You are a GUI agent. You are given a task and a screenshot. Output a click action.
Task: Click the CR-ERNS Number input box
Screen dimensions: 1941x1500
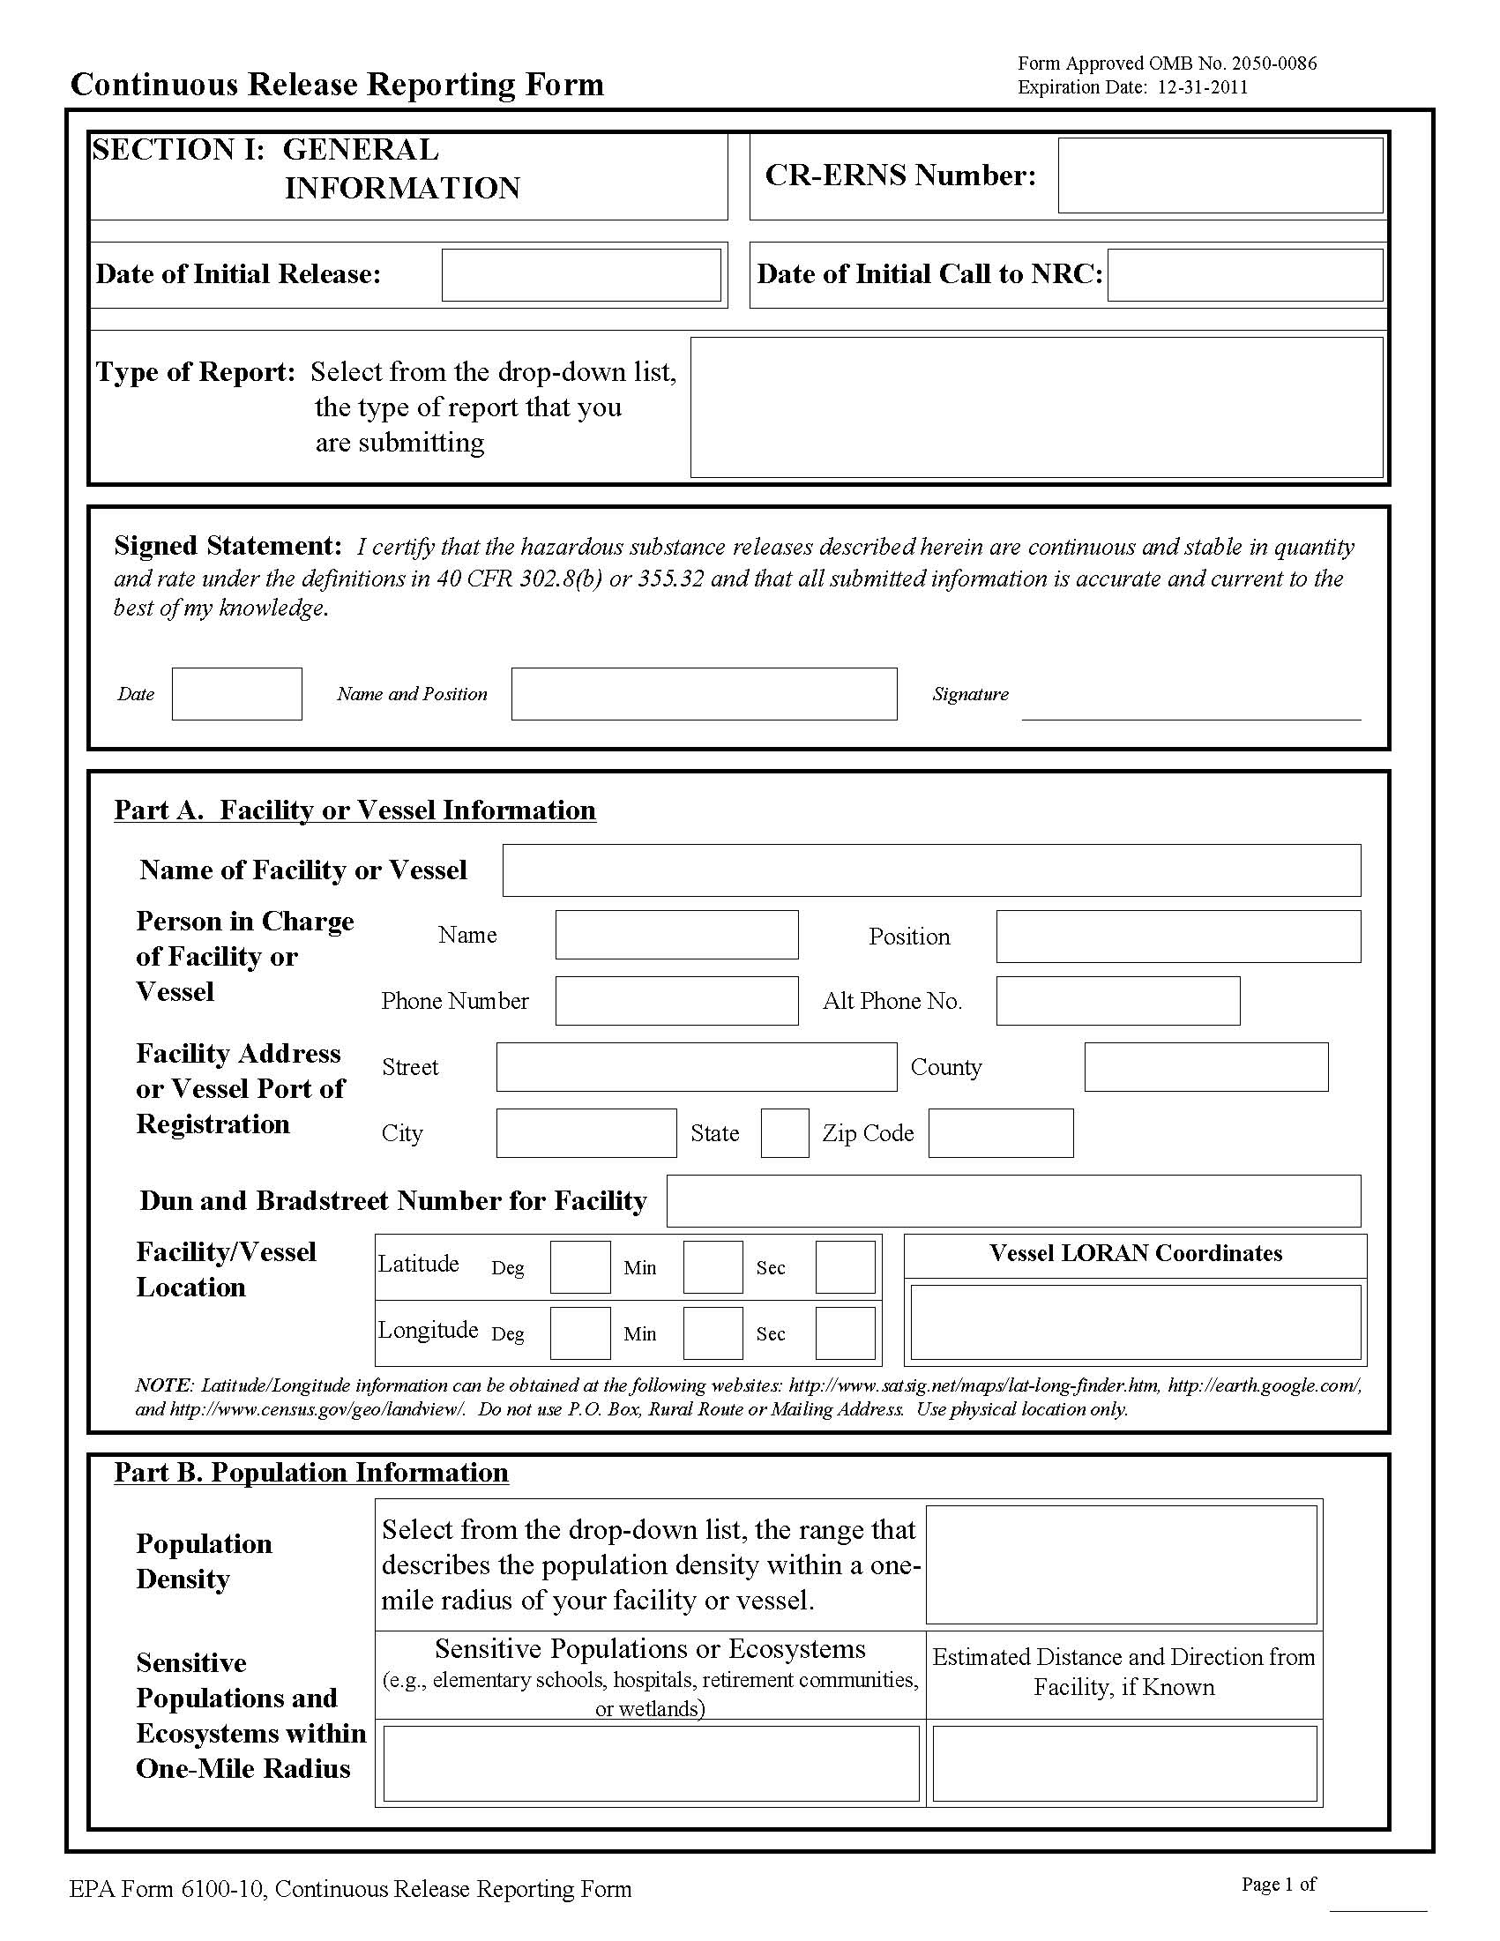pyautogui.click(x=1220, y=175)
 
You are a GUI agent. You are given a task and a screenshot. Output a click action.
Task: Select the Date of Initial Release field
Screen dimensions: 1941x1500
pyautogui.click(x=581, y=274)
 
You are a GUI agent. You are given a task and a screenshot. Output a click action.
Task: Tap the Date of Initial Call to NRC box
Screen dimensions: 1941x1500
pyautogui.click(x=1245, y=274)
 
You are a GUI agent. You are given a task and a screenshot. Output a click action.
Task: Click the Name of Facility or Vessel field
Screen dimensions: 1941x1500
pyautogui.click(x=931, y=870)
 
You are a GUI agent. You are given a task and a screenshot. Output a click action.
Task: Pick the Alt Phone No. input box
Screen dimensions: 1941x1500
pyautogui.click(x=1118, y=1001)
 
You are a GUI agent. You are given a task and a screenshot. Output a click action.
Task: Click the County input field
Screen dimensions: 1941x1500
pyautogui.click(x=1205, y=1066)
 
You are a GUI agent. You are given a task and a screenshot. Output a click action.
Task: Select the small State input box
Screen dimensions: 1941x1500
pyautogui.click(x=785, y=1133)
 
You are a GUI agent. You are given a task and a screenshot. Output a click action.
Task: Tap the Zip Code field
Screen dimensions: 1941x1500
pyautogui.click(x=1001, y=1133)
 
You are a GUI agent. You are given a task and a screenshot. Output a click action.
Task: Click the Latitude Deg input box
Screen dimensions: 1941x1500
pyautogui.click(x=580, y=1267)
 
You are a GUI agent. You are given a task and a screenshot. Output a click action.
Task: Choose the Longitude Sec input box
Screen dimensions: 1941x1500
pyautogui.click(x=845, y=1333)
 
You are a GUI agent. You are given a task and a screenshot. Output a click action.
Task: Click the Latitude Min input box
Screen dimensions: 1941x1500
pyautogui.click(x=713, y=1267)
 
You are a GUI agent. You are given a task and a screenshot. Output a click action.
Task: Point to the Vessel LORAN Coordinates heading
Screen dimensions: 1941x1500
pyautogui.click(x=1136, y=1253)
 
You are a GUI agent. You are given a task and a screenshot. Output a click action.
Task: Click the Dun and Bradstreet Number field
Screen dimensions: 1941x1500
pyautogui.click(x=1013, y=1201)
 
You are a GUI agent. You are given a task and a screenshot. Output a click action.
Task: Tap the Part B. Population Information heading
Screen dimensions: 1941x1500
pyautogui.click(x=311, y=1473)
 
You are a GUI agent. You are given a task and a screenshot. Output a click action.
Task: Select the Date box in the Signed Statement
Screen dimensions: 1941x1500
pyautogui.click(x=236, y=694)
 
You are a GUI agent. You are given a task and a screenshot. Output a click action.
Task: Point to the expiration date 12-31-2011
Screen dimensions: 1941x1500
pyautogui.click(x=1202, y=87)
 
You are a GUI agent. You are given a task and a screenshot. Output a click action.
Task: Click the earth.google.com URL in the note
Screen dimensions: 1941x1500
pyautogui.click(x=1264, y=1385)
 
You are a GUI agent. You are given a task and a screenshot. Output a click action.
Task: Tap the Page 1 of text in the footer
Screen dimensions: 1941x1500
pyautogui.click(x=1278, y=1885)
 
